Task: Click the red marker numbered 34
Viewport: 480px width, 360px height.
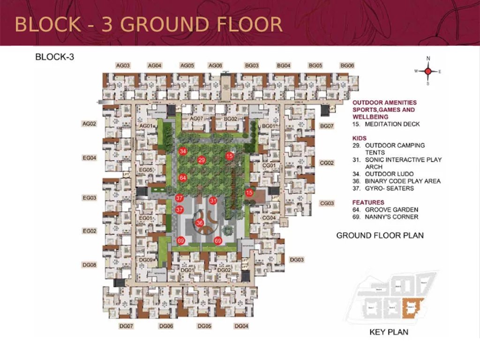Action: click(183, 151)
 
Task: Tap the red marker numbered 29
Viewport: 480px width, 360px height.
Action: click(202, 160)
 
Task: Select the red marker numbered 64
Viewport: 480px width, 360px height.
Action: click(183, 178)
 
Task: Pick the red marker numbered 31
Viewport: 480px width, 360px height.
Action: click(213, 201)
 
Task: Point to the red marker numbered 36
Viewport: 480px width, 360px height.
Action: click(200, 223)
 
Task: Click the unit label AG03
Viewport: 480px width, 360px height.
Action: click(123, 66)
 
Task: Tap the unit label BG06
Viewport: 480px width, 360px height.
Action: click(347, 66)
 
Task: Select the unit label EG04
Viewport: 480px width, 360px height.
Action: click(89, 158)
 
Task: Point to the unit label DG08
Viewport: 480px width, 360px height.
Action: click(89, 265)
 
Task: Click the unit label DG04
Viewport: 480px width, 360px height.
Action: click(241, 326)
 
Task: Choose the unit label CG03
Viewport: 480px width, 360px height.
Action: click(327, 203)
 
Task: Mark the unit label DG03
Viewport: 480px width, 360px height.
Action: click(297, 260)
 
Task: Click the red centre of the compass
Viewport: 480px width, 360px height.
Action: click(428, 71)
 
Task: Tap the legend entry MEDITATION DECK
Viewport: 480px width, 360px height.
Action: click(392, 124)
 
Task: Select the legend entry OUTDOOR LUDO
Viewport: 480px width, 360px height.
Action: click(389, 174)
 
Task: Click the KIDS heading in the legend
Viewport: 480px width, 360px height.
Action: click(359, 138)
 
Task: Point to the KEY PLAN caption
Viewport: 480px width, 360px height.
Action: click(389, 332)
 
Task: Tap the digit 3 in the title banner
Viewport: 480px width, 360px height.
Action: click(107, 24)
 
